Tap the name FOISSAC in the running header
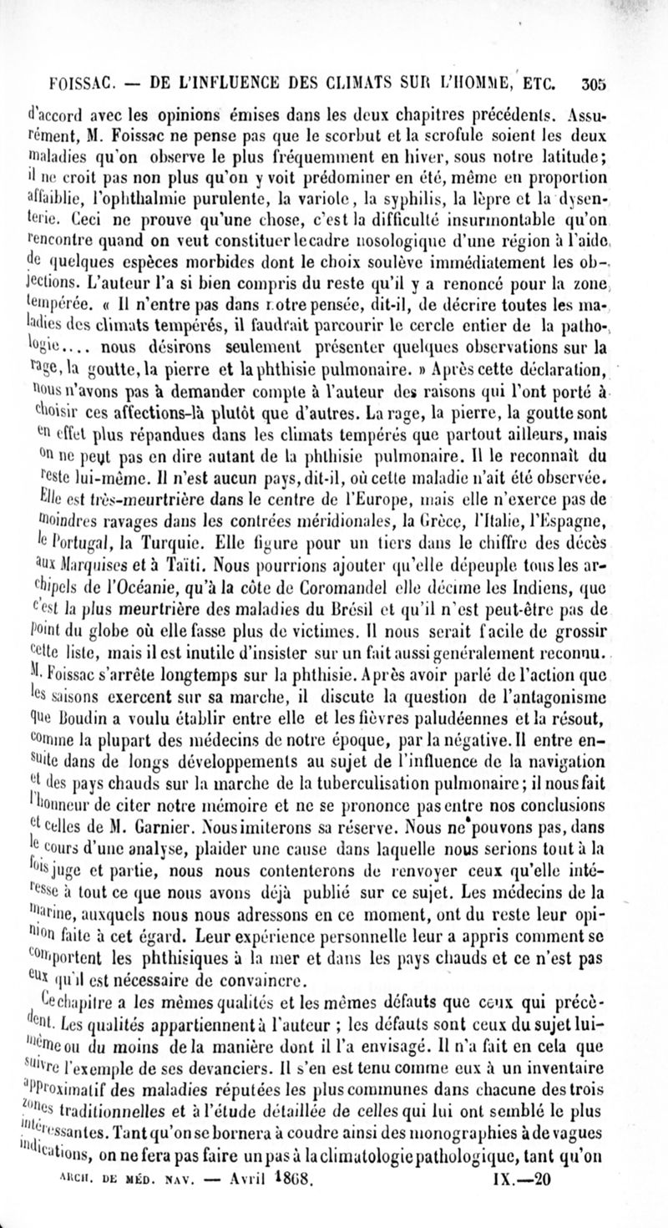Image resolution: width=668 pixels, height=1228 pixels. tap(79, 84)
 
